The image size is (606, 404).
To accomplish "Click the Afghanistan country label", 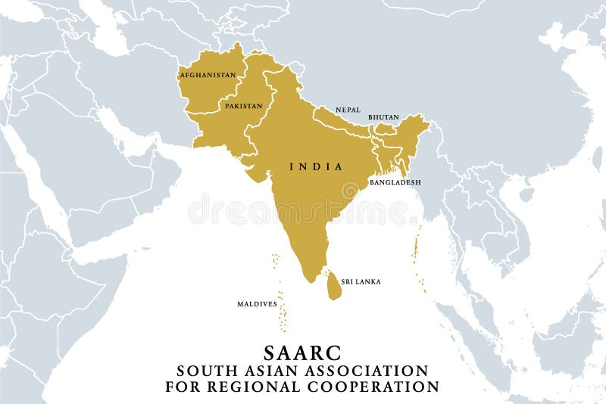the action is pyautogui.click(x=208, y=75).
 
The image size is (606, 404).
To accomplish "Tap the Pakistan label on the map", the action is pyautogui.click(x=243, y=106).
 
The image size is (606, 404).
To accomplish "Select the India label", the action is pyautogui.click(x=317, y=166).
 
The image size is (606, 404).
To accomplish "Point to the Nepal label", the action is pyautogui.click(x=348, y=110).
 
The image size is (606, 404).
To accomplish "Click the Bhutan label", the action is pyautogui.click(x=383, y=117).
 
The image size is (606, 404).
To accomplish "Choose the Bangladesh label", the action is pyautogui.click(x=395, y=182).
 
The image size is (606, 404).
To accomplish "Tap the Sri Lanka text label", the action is pyautogui.click(x=361, y=281).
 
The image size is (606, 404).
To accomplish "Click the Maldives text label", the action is pyautogui.click(x=257, y=304).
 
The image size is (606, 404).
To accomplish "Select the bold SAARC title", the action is pyautogui.click(x=302, y=353).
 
